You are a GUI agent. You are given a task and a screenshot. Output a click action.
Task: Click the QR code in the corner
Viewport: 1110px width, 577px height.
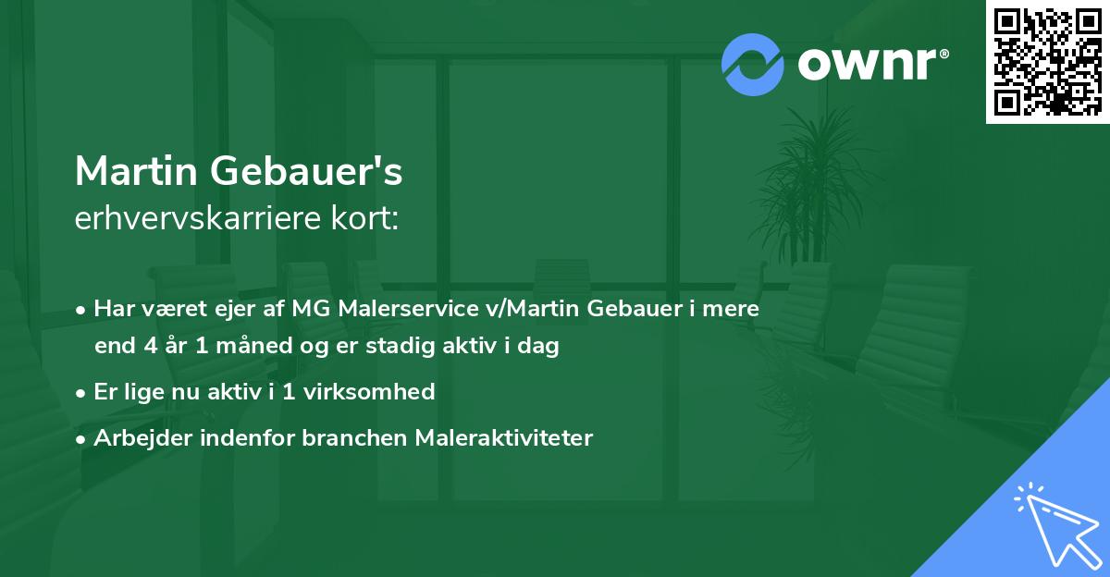tap(1047, 61)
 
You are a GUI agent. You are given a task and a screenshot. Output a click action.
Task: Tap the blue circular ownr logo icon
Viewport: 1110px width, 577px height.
tap(753, 64)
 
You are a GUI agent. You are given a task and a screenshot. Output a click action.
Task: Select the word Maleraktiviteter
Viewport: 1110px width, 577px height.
tap(504, 437)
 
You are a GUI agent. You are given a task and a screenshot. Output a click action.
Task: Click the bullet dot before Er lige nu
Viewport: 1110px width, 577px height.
tap(82, 393)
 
